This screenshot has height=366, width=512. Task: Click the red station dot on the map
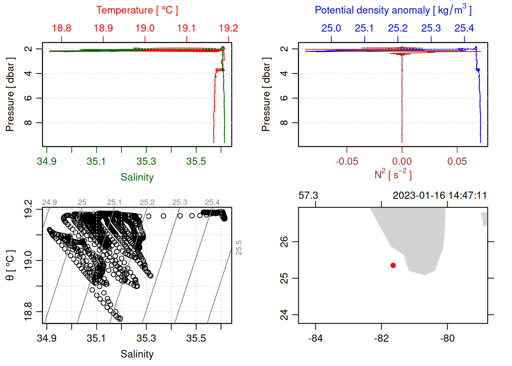click(393, 265)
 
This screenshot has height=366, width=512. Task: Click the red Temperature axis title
click(137, 10)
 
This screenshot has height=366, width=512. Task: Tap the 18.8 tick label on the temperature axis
click(61, 28)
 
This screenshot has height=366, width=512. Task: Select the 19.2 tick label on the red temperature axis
click(228, 28)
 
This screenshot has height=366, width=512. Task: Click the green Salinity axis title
click(137, 177)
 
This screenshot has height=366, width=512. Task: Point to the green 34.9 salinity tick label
click(46, 162)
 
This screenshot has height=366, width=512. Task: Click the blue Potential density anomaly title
click(393, 10)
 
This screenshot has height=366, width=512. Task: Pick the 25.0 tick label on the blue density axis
click(331, 28)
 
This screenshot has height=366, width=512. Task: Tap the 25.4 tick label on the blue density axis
click(464, 28)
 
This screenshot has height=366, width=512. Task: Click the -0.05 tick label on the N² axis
click(347, 162)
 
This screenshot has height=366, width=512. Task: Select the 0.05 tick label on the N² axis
click(457, 162)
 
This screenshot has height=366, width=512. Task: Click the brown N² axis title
click(393, 175)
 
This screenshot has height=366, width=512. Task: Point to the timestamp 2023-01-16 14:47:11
click(440, 196)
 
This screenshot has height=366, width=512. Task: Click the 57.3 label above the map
click(308, 196)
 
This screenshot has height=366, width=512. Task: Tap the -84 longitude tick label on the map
click(315, 338)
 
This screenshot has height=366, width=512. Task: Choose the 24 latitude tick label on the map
click(284, 315)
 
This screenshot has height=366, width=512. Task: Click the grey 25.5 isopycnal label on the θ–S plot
click(239, 248)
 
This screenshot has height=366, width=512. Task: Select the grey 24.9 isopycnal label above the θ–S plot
click(50, 202)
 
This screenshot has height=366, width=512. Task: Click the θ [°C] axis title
click(10, 265)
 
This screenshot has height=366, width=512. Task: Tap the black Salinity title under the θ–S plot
click(137, 354)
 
